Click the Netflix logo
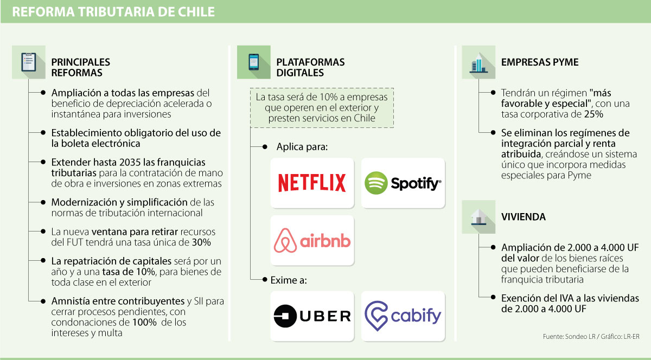tap(312, 183)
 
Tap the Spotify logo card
tap(403, 183)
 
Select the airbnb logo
tap(312, 241)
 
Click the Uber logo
tap(312, 316)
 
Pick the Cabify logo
tap(403, 316)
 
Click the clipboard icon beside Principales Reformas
tap(29, 62)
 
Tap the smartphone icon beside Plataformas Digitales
tap(254, 62)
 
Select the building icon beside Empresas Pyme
tap(478, 62)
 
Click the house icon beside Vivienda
tap(478, 216)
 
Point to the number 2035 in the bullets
tap(106, 162)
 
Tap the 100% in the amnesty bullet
tap(144, 323)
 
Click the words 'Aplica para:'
tap(303, 147)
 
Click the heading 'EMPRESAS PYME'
tap(539, 62)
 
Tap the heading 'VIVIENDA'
tap(524, 216)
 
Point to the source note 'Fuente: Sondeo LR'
tap(570, 337)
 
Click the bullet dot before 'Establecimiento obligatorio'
tap(43, 132)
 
